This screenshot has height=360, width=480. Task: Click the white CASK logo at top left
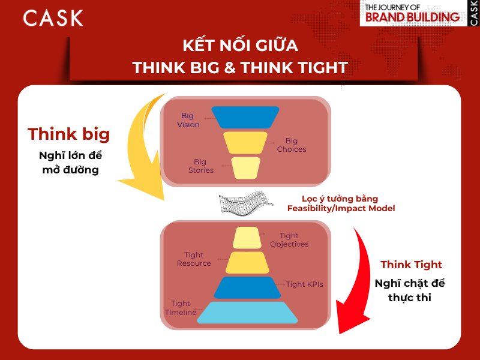(x=53, y=18)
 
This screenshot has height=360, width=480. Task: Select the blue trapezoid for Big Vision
(x=246, y=117)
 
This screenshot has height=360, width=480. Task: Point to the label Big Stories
(x=200, y=166)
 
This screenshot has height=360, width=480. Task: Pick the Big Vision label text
(x=188, y=120)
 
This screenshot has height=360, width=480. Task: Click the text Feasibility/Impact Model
(x=341, y=208)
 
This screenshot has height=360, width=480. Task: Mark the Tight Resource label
(x=194, y=259)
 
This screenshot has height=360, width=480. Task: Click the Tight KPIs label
(x=304, y=284)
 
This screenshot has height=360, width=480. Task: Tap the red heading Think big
(x=69, y=134)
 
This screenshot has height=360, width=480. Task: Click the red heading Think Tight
(x=411, y=265)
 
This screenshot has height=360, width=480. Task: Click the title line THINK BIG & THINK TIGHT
(x=240, y=68)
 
